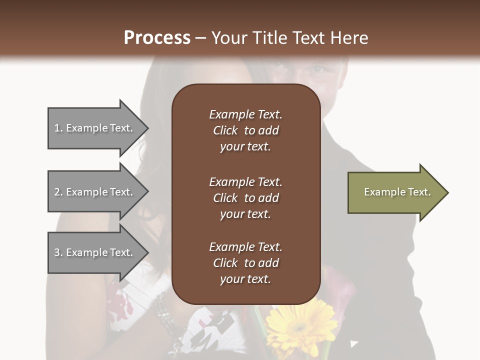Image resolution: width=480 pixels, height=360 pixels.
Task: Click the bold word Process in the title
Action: (x=157, y=38)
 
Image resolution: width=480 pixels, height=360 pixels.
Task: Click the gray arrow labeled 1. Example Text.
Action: (x=95, y=128)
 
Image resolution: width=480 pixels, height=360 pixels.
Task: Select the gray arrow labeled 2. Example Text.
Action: (x=95, y=192)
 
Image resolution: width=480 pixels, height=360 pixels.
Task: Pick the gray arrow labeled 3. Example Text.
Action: (x=95, y=252)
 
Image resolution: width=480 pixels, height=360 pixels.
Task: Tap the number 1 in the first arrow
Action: (x=57, y=128)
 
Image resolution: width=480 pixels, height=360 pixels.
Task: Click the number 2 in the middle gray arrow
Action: (x=57, y=192)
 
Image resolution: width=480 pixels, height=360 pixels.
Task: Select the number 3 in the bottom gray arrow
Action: (x=57, y=252)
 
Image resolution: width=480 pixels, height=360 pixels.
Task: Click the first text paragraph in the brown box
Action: (x=245, y=130)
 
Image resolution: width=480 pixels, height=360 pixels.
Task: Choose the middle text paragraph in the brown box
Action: (x=245, y=198)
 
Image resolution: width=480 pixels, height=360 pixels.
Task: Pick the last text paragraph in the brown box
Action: (x=245, y=263)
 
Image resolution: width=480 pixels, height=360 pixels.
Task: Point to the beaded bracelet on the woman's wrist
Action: (x=163, y=312)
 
